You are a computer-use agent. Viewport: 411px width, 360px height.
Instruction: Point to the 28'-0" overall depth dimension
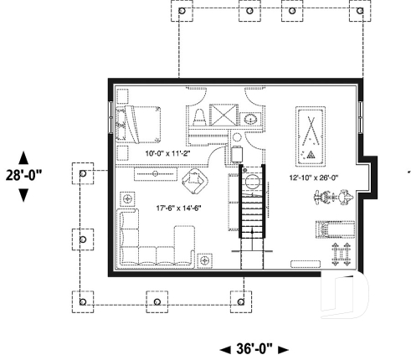point(23,175)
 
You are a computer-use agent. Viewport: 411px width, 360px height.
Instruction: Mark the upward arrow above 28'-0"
point(23,158)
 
